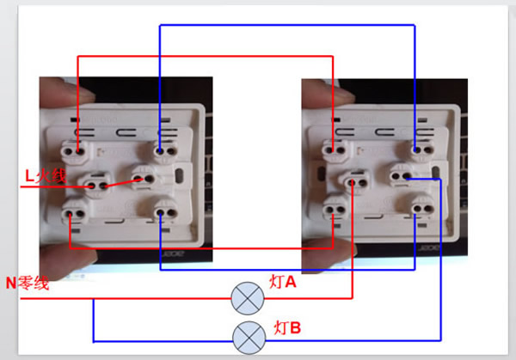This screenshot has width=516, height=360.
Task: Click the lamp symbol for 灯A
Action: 247,298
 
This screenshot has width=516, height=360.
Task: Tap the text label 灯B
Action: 286,326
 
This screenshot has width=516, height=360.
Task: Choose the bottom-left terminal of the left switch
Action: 71,209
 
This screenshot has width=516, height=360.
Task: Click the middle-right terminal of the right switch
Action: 399,178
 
